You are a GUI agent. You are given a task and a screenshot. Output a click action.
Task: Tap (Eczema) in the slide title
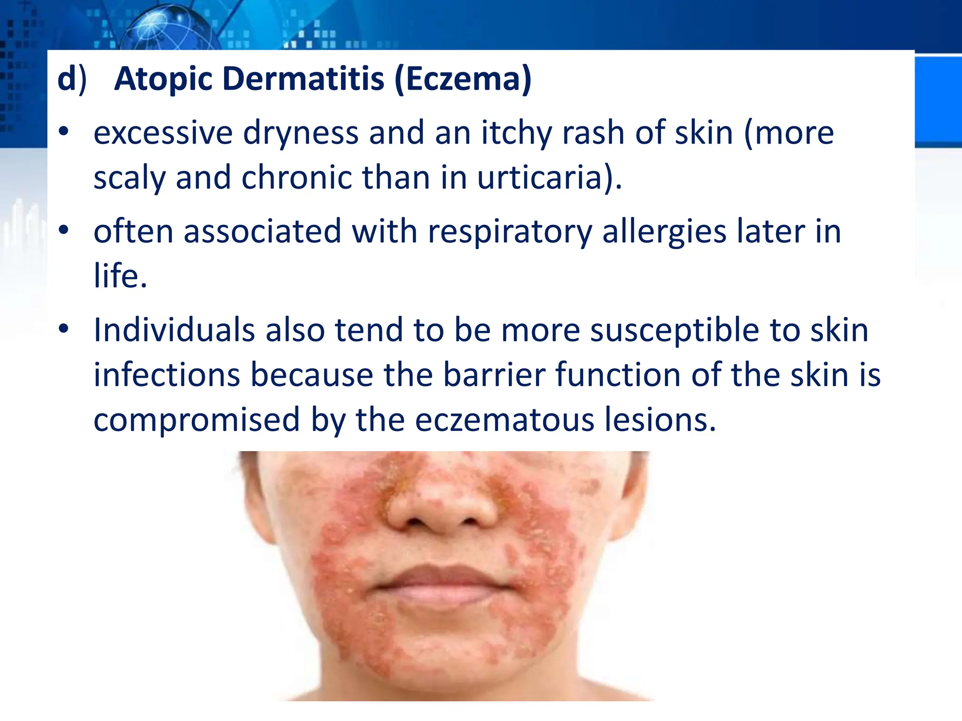click(463, 79)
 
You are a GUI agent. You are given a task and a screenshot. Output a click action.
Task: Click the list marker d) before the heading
click(72, 79)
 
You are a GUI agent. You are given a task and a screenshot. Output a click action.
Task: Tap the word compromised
click(196, 420)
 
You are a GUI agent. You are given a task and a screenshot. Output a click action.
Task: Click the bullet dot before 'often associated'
click(64, 230)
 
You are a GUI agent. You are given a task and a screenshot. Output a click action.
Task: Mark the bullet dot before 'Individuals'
click(64, 329)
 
